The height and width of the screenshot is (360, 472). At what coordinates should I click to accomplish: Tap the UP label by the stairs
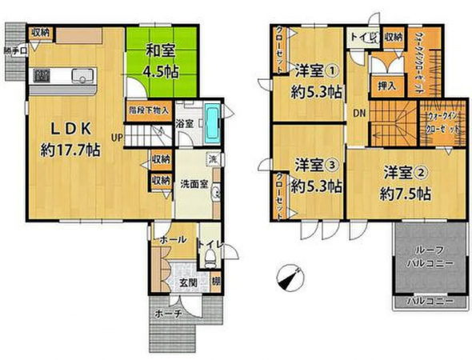pyautogui.click(x=117, y=137)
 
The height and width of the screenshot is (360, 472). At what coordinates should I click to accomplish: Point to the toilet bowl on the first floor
pyautogui.click(x=206, y=258)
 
